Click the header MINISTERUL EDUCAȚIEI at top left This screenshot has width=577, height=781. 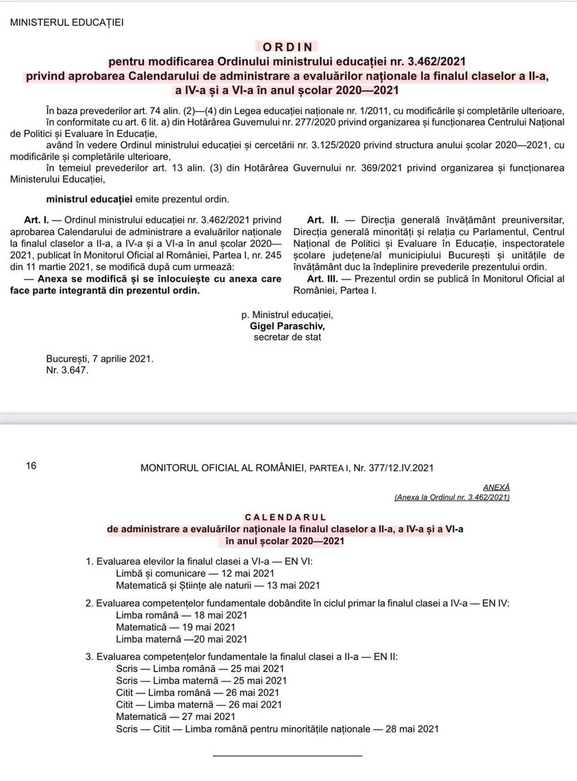point(67,23)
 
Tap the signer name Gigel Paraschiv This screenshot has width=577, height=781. point(287,326)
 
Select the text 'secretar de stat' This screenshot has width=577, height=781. point(287,337)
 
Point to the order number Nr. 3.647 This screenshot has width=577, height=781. point(67,370)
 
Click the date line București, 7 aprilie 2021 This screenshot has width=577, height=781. point(100,359)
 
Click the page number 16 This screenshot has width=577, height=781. point(31,467)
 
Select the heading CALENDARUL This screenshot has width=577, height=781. point(285,517)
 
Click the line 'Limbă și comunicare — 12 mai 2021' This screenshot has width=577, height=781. point(195,573)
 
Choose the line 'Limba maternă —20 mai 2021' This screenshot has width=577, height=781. point(181,639)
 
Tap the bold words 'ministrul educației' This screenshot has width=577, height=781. point(89,199)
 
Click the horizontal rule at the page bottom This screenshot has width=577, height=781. point(287,756)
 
